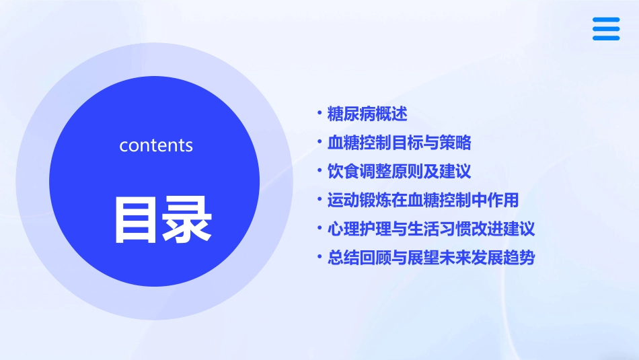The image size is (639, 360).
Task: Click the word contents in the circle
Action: [156, 145]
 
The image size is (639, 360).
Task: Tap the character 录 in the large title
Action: [188, 219]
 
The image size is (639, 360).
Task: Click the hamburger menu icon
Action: [606, 29]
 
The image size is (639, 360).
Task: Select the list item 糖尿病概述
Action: [367, 114]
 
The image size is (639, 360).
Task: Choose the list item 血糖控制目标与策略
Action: [399, 143]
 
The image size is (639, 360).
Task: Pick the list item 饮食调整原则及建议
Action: [399, 172]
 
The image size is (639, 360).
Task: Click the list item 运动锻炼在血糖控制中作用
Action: [422, 200]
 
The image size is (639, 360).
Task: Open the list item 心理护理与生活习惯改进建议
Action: [430, 229]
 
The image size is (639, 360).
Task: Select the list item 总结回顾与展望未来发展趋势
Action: [430, 258]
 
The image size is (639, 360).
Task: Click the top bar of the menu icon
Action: [606, 20]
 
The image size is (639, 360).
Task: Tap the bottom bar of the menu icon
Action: [606, 38]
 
